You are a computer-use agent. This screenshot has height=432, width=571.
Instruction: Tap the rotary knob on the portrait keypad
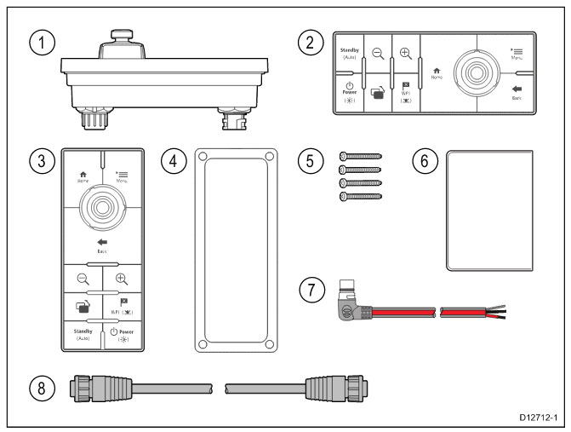click(x=101, y=205)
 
